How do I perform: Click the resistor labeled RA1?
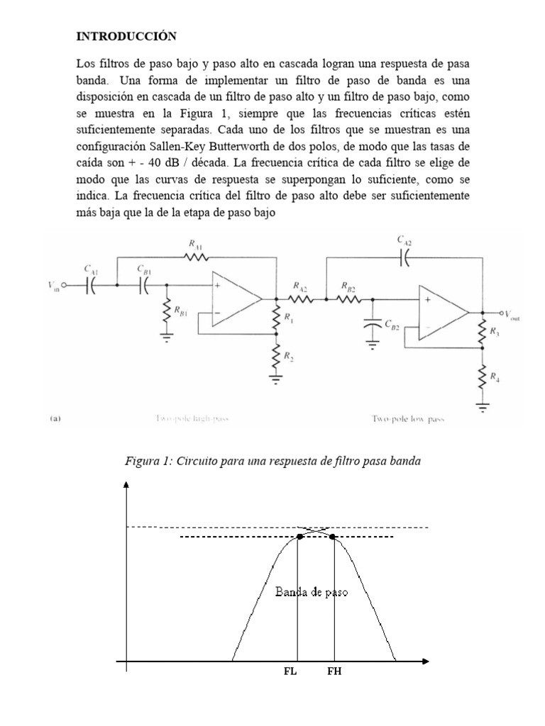[x=194, y=257]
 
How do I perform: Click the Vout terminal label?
[x=509, y=315]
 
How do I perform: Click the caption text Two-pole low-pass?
[x=408, y=419]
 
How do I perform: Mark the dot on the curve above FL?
[x=299, y=537]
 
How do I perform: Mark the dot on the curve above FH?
[x=333, y=537]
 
